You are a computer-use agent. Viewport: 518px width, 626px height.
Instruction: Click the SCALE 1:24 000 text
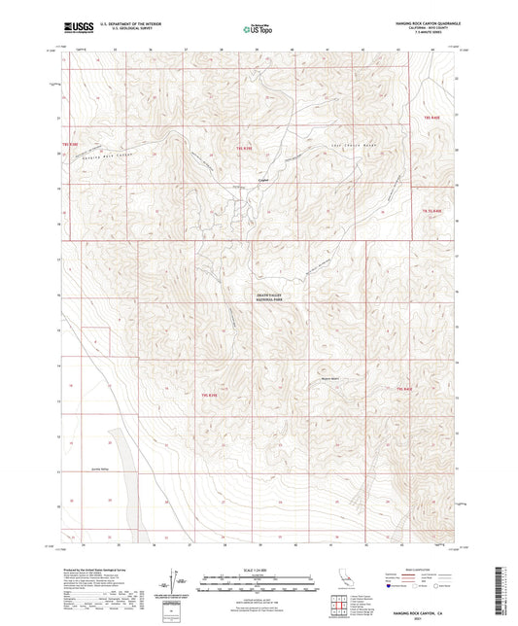click(259, 570)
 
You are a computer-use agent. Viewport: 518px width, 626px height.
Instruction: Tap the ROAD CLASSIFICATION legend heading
click(407, 571)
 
